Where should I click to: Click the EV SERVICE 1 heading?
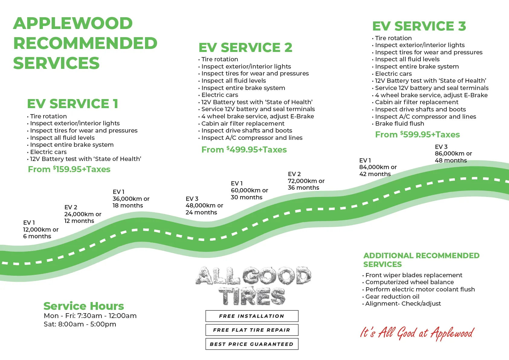coord(72,104)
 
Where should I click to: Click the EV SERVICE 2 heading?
coord(245,47)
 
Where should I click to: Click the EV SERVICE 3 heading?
coord(419,26)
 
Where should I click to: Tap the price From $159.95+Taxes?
coord(69,169)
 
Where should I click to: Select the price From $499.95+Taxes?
coord(244,149)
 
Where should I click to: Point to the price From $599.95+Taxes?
coord(417,134)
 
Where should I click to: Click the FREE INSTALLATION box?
coord(252,316)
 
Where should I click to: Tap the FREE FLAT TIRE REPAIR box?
coord(252,330)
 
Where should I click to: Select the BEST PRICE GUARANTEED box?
coord(252,344)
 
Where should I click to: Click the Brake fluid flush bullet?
coord(399,124)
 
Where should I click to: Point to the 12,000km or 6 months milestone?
coord(40,230)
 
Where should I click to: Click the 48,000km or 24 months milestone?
coord(204,206)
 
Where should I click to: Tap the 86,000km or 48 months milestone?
coord(453,154)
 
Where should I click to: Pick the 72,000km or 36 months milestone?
coord(306,181)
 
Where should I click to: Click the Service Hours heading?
coord(84,306)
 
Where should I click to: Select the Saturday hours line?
coord(80,324)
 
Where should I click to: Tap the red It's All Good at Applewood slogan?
coord(417,333)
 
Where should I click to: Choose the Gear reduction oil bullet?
coord(392,297)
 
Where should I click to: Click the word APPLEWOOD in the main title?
coord(73,23)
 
